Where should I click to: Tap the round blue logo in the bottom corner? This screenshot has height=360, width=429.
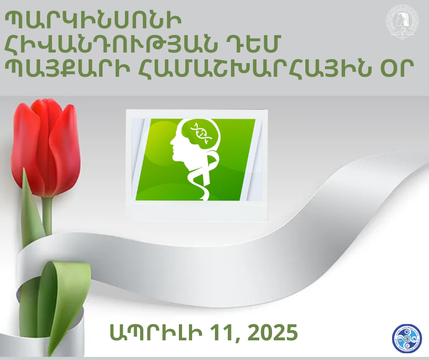407,339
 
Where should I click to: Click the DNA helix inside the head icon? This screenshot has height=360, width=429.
201,133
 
